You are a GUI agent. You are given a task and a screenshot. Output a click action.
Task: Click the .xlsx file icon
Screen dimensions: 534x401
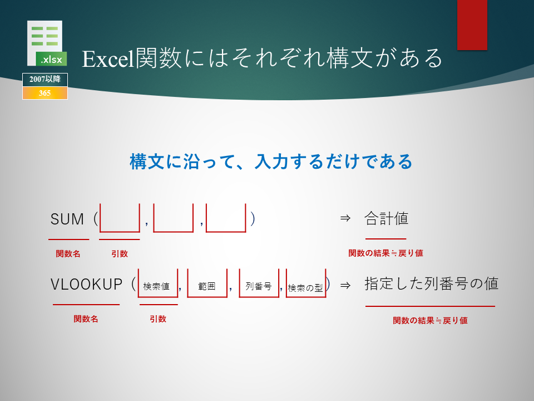pyautogui.click(x=47, y=43)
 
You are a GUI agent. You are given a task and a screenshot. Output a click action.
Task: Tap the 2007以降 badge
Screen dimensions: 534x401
pyautogui.click(x=45, y=80)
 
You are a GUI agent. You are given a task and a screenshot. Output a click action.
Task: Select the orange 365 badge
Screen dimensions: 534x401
pyautogui.click(x=45, y=93)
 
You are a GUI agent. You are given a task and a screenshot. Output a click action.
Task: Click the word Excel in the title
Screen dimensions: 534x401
pyautogui.click(x=108, y=58)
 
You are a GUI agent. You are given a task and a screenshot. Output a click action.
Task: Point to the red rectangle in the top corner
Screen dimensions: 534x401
pyautogui.click(x=472, y=25)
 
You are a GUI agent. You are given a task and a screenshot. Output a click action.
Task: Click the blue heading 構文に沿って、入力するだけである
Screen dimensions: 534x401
pyautogui.click(x=271, y=162)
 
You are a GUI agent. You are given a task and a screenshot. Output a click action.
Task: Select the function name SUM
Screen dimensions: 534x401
pyautogui.click(x=67, y=219)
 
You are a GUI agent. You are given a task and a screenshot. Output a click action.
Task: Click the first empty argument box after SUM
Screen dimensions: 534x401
pyautogui.click(x=120, y=232)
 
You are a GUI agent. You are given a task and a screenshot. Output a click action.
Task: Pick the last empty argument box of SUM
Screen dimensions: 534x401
pyautogui.click(x=226, y=232)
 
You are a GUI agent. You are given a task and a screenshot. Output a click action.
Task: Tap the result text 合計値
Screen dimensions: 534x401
pyautogui.click(x=386, y=218)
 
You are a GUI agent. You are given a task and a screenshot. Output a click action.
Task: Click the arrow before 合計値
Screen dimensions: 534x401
pyautogui.click(x=345, y=218)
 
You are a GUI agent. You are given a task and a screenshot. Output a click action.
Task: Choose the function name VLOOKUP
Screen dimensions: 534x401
pyautogui.click(x=87, y=284)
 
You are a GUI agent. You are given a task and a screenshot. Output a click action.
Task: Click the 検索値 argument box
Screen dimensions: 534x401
pyautogui.click(x=158, y=297)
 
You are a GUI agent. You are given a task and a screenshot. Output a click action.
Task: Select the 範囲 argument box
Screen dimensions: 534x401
pyautogui.click(x=207, y=297)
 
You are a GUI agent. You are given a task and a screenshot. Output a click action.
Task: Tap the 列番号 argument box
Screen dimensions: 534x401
pyautogui.click(x=259, y=297)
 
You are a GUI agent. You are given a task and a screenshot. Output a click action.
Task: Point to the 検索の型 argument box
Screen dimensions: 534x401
pyautogui.click(x=306, y=297)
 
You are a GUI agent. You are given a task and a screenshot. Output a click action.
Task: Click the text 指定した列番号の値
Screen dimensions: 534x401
pyautogui.click(x=432, y=283)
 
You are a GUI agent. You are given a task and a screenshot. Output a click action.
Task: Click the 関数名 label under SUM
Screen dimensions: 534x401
pyautogui.click(x=68, y=254)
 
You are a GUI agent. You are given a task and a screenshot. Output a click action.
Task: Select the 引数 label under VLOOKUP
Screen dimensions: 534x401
pyautogui.click(x=158, y=319)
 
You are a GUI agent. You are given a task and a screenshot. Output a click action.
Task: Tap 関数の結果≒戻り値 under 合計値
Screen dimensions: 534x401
pyautogui.click(x=385, y=253)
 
